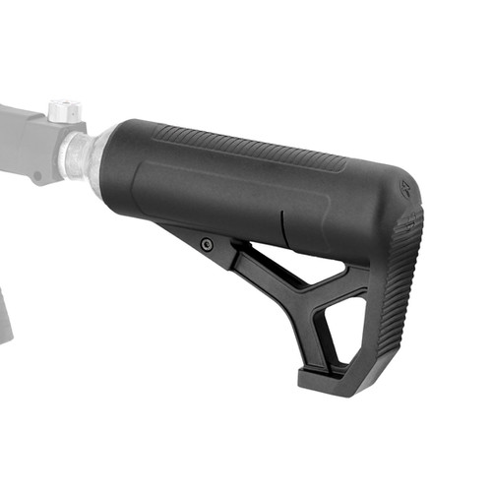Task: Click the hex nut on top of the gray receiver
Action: point(64,109)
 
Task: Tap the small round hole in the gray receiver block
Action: point(38,178)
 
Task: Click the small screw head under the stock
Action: point(206,244)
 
